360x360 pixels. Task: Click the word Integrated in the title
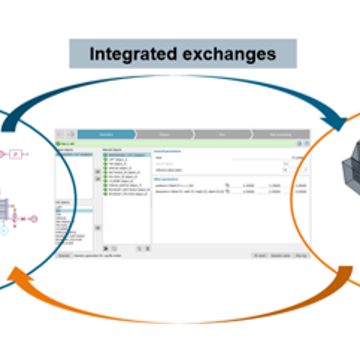coord(133,54)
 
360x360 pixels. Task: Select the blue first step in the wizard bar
coord(106,134)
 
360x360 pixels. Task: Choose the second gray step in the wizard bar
coord(164,134)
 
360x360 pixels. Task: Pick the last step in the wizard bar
coord(280,134)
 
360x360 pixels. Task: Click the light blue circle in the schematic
coord(3,230)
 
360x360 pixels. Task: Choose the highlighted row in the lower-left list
coord(74,211)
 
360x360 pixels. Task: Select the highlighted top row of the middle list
coord(126,155)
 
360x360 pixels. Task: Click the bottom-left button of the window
coord(64,255)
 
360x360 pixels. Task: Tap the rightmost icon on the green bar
coord(307,144)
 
